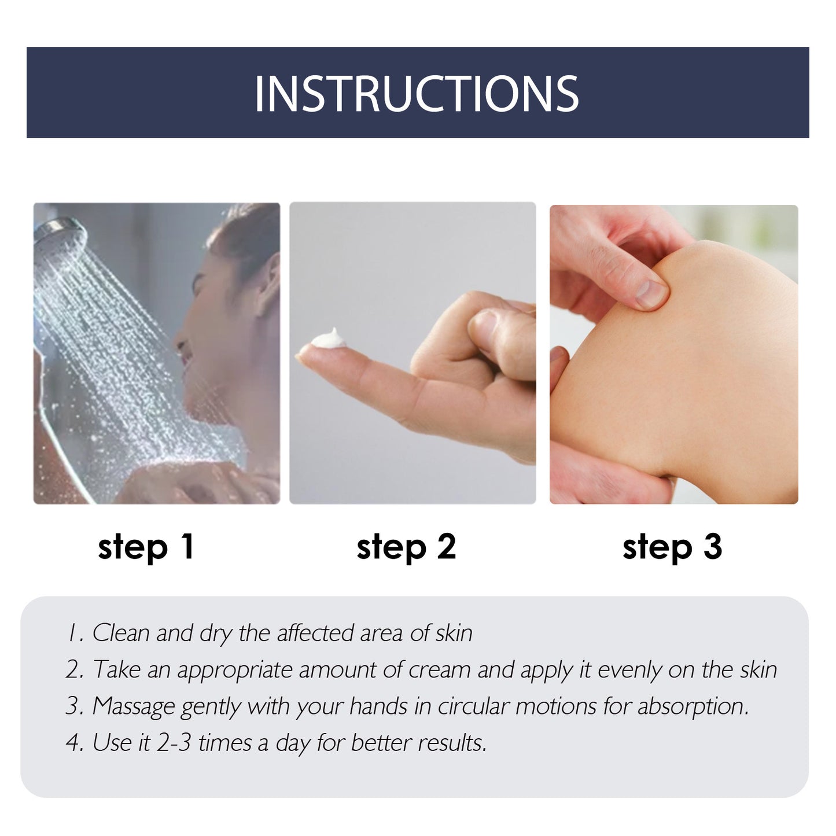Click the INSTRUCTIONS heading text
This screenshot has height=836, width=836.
[x=417, y=93]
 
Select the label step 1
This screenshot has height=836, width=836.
[x=146, y=547]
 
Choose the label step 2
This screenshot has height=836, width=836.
[x=406, y=547]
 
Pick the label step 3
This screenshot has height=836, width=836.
[x=672, y=547]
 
